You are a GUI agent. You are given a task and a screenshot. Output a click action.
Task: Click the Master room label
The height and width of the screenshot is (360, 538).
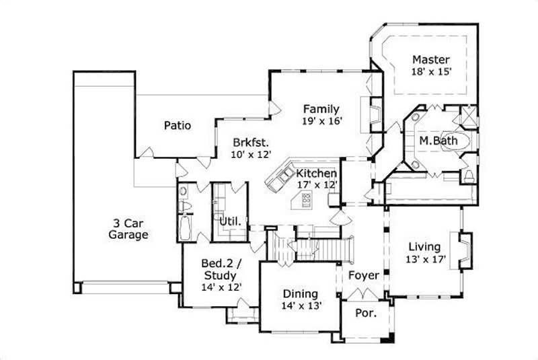pos(431,59)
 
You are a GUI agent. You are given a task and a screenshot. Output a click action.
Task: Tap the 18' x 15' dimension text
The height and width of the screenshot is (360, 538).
pos(431,70)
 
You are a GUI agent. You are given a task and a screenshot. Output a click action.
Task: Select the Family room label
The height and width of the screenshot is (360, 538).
pos(321,109)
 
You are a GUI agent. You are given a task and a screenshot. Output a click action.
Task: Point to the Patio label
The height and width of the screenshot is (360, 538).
pos(178,125)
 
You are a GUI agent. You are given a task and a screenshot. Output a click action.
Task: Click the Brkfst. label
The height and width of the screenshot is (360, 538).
pos(252,143)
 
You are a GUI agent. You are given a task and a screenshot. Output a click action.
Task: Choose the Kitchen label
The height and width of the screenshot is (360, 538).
pos(316,173)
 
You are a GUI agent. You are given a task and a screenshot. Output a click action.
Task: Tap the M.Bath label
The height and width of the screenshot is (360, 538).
pos(434,141)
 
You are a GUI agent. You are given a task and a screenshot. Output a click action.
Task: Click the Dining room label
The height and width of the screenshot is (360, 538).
pos(300,293)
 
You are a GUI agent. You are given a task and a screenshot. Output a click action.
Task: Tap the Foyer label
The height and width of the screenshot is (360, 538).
pos(363,276)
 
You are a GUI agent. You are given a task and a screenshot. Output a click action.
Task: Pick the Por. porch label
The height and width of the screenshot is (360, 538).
pos(364,313)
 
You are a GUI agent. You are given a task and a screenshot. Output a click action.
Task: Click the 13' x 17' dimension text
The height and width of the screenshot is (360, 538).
pos(425,258)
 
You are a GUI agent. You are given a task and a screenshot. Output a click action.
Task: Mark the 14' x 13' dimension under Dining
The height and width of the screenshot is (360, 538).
pos(301,305)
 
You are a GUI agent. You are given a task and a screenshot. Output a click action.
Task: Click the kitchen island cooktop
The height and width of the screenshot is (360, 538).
pos(306,199)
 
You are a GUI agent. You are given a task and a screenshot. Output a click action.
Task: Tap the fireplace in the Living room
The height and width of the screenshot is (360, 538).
pos(465,248)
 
